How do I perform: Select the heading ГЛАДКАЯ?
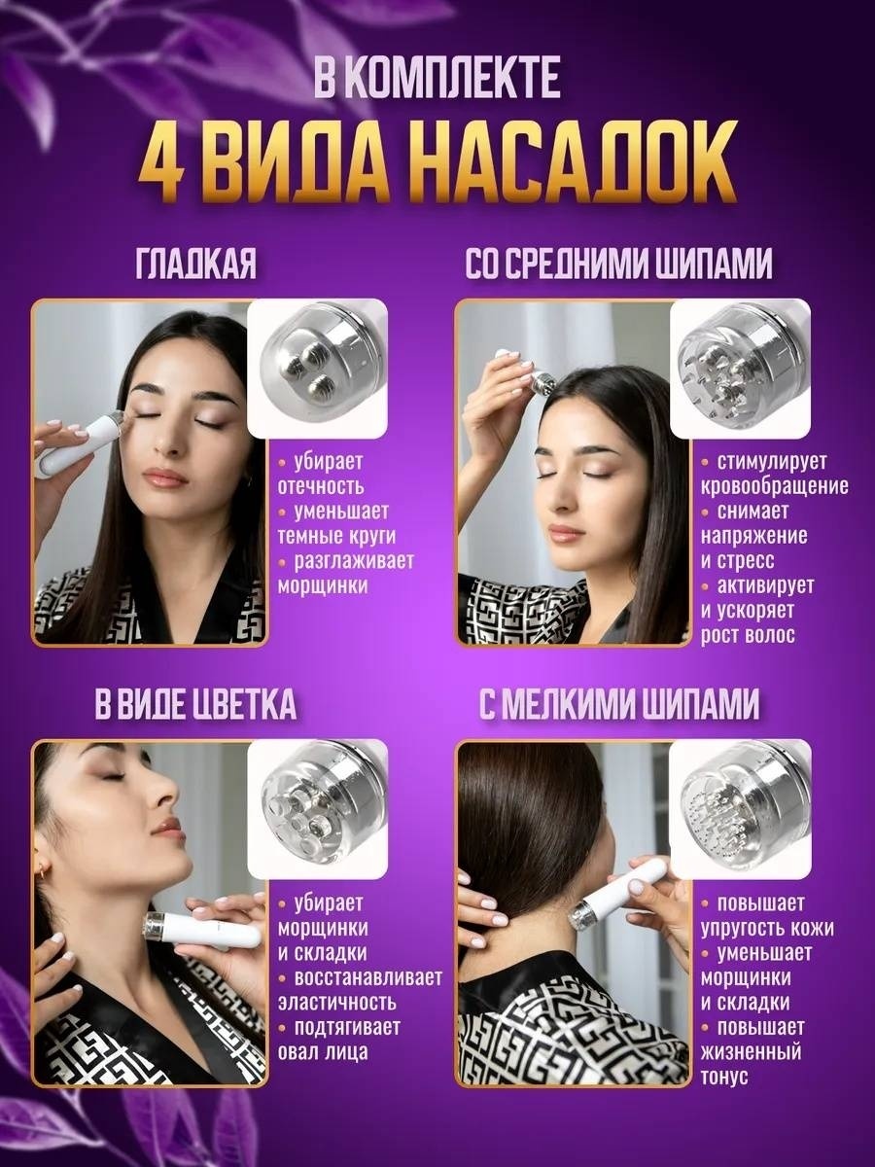pos(196,264)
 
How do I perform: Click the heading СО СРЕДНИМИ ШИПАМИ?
pos(618,264)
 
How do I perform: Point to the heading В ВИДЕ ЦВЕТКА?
pos(195,703)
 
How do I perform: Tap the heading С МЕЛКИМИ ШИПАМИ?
pos(619,703)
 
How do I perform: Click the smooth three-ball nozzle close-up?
pos(317,368)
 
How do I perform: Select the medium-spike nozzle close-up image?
pos(740,368)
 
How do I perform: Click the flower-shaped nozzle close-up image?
pos(317,808)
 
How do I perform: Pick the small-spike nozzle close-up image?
pos(740,808)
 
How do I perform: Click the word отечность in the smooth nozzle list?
pos(321,487)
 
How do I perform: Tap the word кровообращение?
pos(775,487)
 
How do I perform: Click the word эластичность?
pos(337,1003)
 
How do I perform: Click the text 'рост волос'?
pos(748,636)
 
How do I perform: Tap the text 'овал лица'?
pos(323,1052)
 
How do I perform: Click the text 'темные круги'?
pos(336,537)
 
